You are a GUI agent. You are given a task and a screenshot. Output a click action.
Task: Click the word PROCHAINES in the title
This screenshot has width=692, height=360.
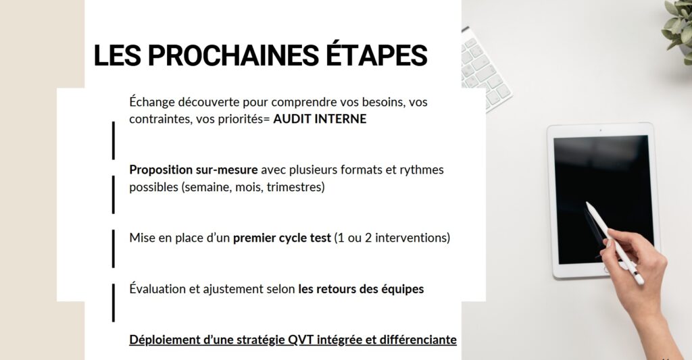tap(232, 55)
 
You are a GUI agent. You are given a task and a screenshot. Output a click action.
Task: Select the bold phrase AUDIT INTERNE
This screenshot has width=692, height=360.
tap(320, 119)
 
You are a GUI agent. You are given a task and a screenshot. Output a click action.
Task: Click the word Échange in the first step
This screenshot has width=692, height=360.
tap(151, 102)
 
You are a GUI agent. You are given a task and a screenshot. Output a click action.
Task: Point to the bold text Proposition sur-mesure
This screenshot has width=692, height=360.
tap(193, 170)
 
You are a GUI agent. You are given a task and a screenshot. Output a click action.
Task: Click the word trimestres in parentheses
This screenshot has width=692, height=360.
tap(295, 187)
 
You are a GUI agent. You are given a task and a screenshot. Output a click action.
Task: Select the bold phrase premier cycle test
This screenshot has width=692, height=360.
tap(282, 238)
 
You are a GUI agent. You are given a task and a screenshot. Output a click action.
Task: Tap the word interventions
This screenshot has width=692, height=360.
tap(412, 238)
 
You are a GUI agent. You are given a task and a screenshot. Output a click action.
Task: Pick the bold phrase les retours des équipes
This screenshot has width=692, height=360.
tap(361, 289)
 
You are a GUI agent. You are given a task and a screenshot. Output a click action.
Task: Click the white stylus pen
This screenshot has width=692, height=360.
tap(615, 243)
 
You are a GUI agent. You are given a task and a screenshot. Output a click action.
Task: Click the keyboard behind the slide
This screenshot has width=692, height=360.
tap(484, 68)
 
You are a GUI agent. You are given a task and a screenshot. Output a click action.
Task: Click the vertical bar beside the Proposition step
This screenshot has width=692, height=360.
tap(114, 195)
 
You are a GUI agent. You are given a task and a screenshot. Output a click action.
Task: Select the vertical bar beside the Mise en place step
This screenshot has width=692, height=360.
tap(114, 249)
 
